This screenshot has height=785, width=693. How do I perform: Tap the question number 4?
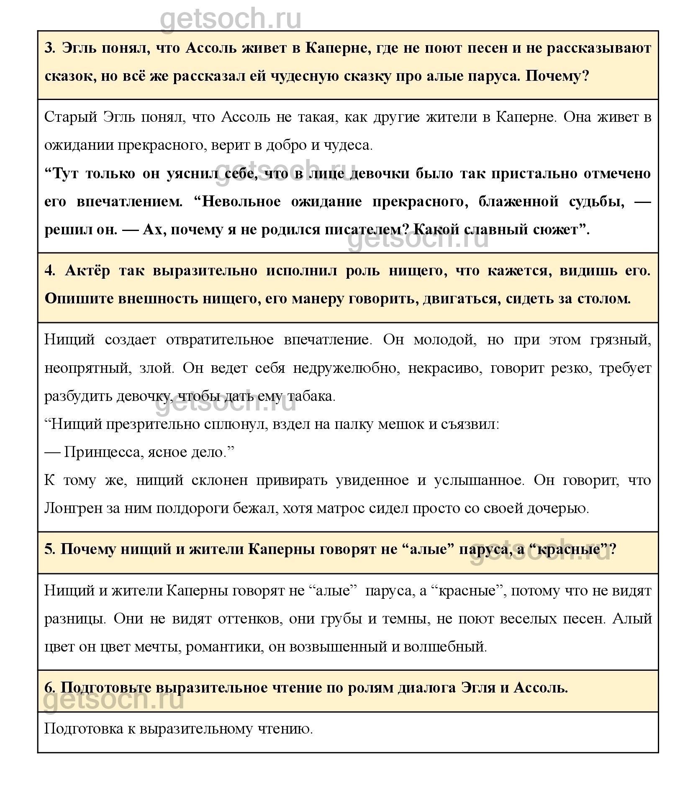(x=50, y=271)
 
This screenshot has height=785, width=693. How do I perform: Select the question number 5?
(x=50, y=549)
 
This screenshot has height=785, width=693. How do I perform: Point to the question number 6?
(x=50, y=688)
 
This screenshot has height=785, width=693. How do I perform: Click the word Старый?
(x=71, y=118)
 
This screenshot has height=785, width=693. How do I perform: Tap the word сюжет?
(x=558, y=230)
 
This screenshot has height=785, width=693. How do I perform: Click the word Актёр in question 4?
(x=87, y=271)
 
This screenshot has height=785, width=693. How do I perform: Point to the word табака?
(x=316, y=396)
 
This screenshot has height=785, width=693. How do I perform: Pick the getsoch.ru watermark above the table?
(x=231, y=18)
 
